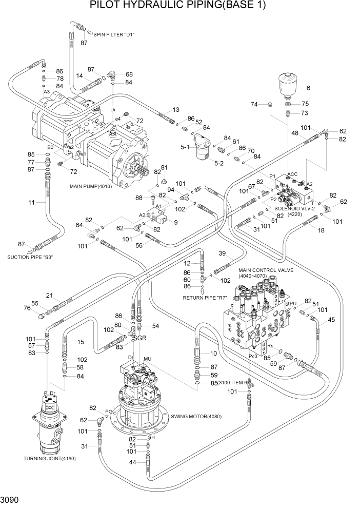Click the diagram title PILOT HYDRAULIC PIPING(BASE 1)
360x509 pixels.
click(x=179, y=6)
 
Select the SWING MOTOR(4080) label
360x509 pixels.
click(x=196, y=416)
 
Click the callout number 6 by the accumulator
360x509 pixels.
click(x=309, y=88)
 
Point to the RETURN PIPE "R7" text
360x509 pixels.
click(x=206, y=297)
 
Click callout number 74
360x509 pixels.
click(x=254, y=105)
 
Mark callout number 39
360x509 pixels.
click(x=223, y=253)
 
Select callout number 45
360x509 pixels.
click(x=331, y=320)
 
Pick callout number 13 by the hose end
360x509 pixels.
click(x=176, y=110)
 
